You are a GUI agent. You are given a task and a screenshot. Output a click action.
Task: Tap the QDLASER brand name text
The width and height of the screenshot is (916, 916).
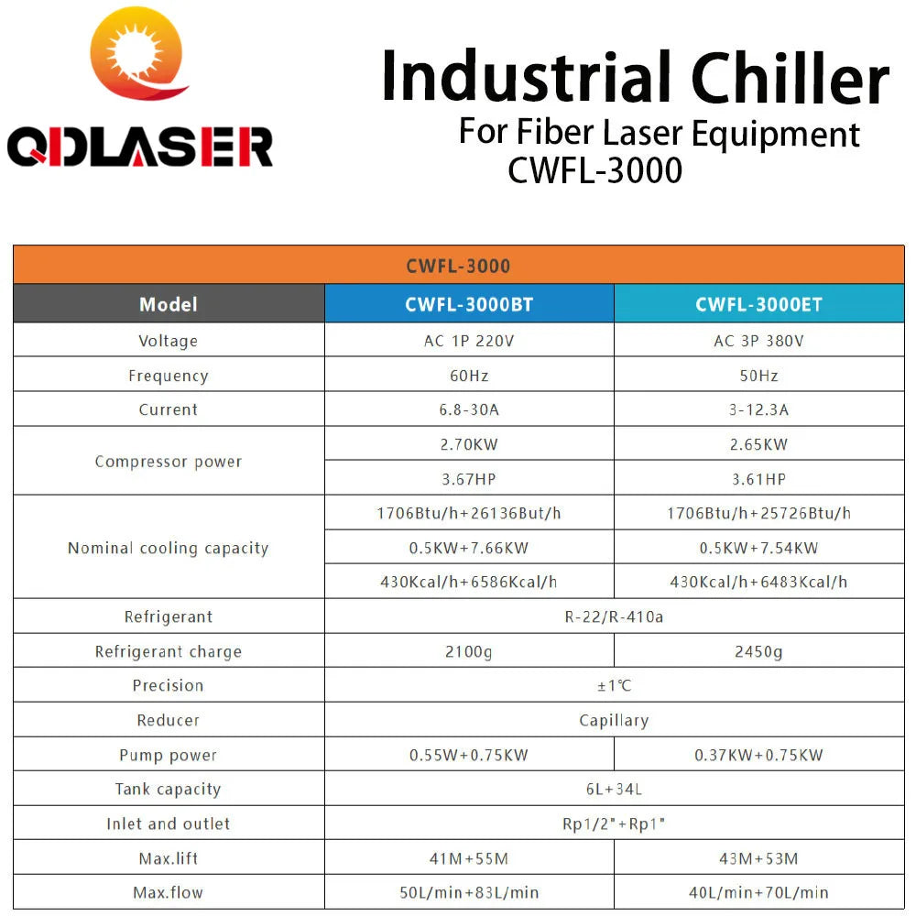pyautogui.click(x=140, y=147)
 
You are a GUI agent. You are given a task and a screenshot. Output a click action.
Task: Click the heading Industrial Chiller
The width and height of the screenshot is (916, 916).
pyautogui.click(x=635, y=80)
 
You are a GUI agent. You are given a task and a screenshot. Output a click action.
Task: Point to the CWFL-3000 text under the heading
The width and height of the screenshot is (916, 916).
pyautogui.click(x=595, y=170)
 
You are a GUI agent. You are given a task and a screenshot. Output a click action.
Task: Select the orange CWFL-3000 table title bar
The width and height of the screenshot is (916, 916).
pyautogui.click(x=458, y=266)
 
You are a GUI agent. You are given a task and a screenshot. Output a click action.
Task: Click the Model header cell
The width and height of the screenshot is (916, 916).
pyautogui.click(x=169, y=304)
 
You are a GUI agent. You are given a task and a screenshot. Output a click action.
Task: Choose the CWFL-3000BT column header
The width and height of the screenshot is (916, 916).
pyautogui.click(x=469, y=304)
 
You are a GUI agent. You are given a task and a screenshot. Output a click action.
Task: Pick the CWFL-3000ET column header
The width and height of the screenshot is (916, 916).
pyautogui.click(x=758, y=304)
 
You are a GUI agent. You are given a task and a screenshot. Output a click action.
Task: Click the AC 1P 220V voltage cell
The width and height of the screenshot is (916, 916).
pyautogui.click(x=469, y=341)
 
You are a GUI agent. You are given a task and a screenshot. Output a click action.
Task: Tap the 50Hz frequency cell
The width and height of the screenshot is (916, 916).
pyautogui.click(x=758, y=376)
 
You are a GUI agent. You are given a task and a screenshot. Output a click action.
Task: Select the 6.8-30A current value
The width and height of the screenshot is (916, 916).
pyautogui.click(x=469, y=409)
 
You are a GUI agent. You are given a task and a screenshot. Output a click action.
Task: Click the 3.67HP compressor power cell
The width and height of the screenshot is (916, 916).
pyautogui.click(x=469, y=479)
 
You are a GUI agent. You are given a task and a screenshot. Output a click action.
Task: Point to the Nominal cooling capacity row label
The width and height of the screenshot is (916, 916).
pyautogui.click(x=169, y=548)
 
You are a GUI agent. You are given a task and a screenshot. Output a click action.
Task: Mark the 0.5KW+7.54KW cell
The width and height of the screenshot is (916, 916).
pyautogui.click(x=758, y=548)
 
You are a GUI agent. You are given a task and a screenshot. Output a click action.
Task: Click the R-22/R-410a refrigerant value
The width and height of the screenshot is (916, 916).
pyautogui.click(x=614, y=616)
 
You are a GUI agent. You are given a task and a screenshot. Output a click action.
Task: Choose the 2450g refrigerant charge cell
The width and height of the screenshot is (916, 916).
pyautogui.click(x=758, y=651)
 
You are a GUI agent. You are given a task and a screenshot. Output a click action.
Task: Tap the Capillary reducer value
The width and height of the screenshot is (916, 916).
pyautogui.click(x=614, y=720)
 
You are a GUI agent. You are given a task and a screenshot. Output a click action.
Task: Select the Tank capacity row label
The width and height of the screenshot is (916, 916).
pyautogui.click(x=169, y=789)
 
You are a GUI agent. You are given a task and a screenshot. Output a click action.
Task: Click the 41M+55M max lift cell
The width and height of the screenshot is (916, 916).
pyautogui.click(x=469, y=858)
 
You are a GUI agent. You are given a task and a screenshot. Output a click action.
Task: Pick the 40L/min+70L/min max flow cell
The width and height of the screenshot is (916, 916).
pyautogui.click(x=758, y=892)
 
